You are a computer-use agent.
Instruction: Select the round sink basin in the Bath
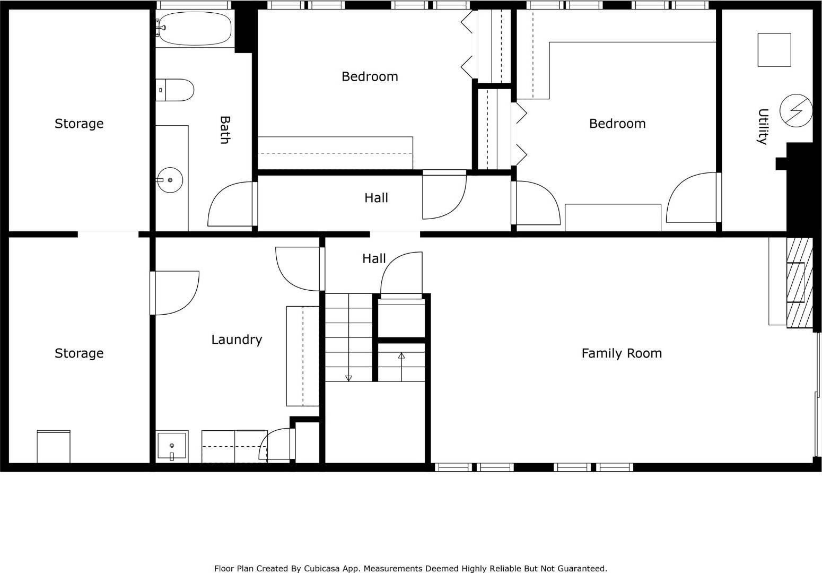(x=170, y=180)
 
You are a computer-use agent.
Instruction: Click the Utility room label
(x=762, y=126)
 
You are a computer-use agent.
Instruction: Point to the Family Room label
(x=621, y=353)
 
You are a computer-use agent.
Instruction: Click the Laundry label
(x=237, y=340)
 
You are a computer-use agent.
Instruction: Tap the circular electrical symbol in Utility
(x=795, y=110)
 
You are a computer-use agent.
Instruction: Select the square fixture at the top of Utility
(x=774, y=50)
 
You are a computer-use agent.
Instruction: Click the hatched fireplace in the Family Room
(x=799, y=282)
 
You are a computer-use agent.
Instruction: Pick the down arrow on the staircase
(x=348, y=378)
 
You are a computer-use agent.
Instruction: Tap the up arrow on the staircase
(x=401, y=356)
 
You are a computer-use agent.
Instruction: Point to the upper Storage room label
(x=79, y=124)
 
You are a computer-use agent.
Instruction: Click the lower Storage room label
(x=79, y=353)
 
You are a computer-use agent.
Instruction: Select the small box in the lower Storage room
(x=53, y=447)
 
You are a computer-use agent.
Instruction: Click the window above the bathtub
(x=194, y=5)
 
